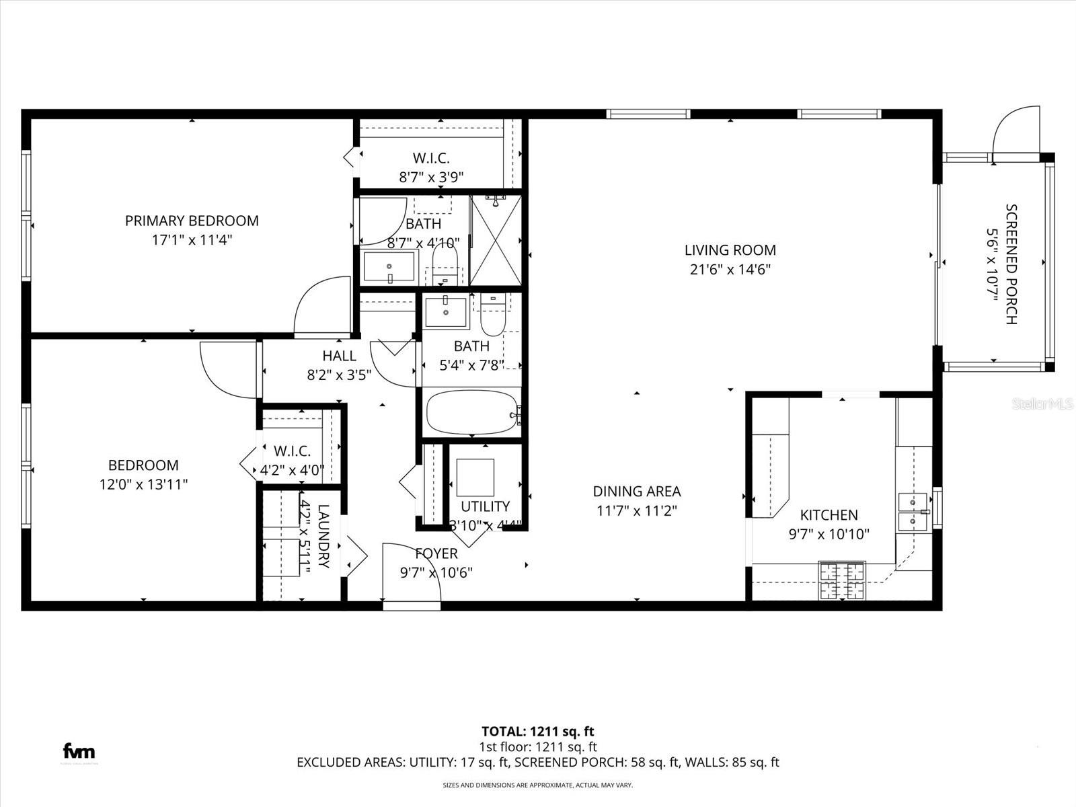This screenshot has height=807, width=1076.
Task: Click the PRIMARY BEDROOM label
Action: coord(192,221)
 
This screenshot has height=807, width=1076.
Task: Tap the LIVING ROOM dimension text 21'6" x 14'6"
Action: coord(730,270)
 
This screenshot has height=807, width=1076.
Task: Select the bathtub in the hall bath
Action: coord(472,412)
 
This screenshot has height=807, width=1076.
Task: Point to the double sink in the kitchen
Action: coord(913,511)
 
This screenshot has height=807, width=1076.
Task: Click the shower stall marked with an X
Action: coord(496,240)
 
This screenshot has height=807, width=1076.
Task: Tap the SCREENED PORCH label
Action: coord(1011,264)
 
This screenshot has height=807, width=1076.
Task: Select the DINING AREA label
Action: coord(636,492)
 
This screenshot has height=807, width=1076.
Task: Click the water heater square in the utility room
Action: coord(475,477)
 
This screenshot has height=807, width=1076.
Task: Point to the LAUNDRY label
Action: coord(323,536)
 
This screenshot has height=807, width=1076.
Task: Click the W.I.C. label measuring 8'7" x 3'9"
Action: coord(431,158)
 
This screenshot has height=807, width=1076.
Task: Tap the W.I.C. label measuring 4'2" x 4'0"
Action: coord(292,451)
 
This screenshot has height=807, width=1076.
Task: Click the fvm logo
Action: coord(79,751)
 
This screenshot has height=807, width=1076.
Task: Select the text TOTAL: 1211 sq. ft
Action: coord(537,731)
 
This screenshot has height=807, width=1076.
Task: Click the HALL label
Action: coord(339,356)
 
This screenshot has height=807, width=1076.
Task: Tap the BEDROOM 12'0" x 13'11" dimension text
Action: coord(143,484)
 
